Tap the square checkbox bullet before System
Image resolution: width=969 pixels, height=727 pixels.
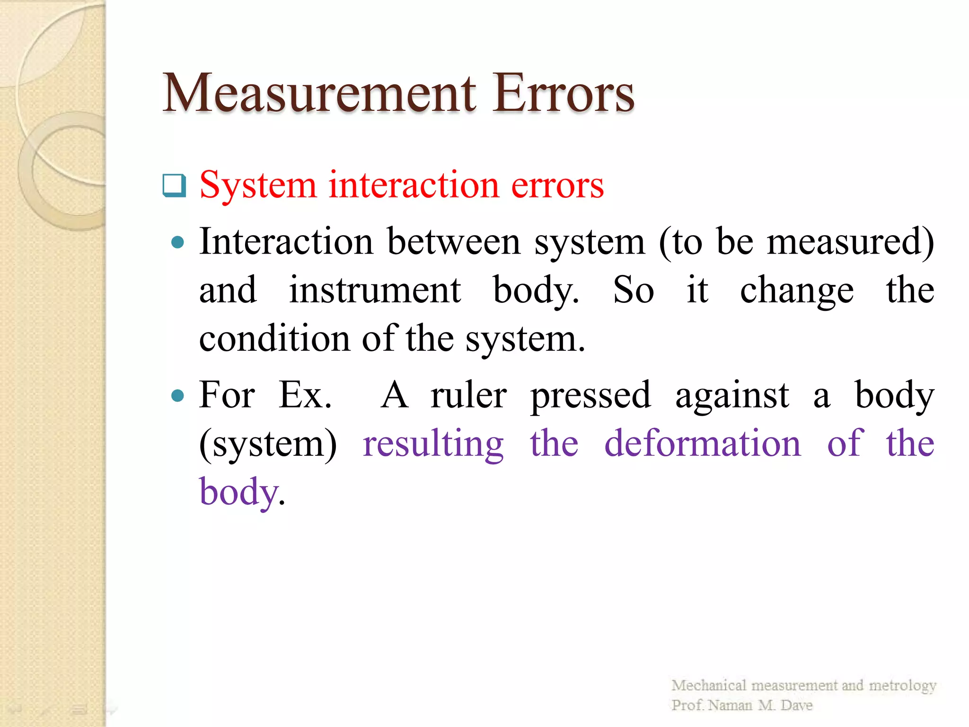[x=174, y=186]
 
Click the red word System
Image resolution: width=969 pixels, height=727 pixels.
[x=258, y=186]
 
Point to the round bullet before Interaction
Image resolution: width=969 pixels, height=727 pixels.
[x=178, y=243]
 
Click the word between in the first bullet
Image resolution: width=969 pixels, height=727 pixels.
[x=454, y=242]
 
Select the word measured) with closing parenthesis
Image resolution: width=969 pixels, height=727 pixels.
[x=850, y=242]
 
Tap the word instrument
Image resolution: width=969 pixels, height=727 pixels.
[x=375, y=290]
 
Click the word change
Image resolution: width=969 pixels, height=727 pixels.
[x=797, y=291]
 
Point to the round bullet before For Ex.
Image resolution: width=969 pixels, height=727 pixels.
[x=178, y=395]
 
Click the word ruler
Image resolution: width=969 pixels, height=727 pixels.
[x=468, y=395]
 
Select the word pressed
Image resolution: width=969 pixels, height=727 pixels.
[x=590, y=396]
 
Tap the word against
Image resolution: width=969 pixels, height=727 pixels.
[x=732, y=396]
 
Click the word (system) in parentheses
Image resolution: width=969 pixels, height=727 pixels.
[x=268, y=444]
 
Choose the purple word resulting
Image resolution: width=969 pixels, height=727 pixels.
[x=433, y=444]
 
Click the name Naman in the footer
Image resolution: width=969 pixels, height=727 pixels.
[x=730, y=705]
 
